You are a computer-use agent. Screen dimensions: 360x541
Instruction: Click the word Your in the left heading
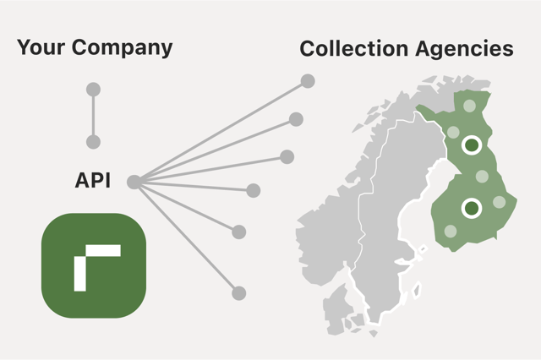click(x=41, y=48)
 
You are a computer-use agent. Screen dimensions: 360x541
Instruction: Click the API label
click(x=93, y=181)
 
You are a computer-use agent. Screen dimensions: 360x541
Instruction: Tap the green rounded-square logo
click(x=94, y=265)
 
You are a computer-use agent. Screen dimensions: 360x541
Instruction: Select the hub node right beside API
click(x=134, y=181)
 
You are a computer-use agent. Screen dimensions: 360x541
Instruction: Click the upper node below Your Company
click(x=94, y=90)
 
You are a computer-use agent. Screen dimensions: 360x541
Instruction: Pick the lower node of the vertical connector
click(x=94, y=142)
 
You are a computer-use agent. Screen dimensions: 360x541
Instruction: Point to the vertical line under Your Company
click(x=94, y=116)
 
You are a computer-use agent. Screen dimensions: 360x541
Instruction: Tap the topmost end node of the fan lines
click(x=308, y=81)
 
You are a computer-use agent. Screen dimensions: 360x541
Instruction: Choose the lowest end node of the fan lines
click(x=239, y=293)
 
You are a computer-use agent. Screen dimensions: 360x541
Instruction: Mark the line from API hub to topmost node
click(x=221, y=131)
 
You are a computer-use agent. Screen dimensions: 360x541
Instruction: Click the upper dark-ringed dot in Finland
click(x=472, y=145)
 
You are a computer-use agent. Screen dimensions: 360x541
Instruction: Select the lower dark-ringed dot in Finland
click(x=472, y=207)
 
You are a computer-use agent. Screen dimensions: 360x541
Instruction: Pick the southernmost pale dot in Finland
click(x=451, y=230)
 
